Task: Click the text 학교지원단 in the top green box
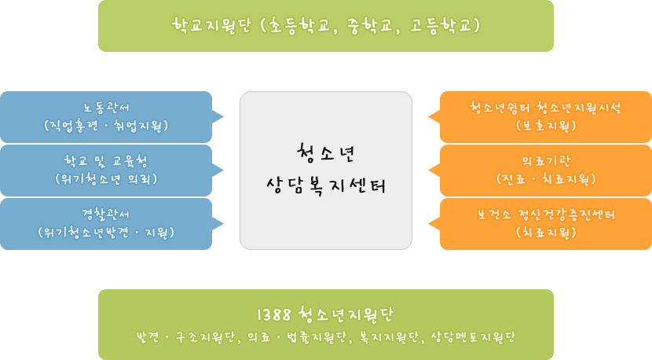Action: pyautogui.click(x=211, y=25)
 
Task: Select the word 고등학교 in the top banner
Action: pyautogui.click(x=441, y=25)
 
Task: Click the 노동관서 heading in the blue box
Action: pyautogui.click(x=106, y=108)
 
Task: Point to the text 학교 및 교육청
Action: pyautogui.click(x=106, y=161)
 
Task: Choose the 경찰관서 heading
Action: pyautogui.click(x=106, y=215)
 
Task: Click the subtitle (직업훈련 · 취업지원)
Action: pyautogui.click(x=106, y=126)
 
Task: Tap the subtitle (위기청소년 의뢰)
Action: pyautogui.click(x=106, y=179)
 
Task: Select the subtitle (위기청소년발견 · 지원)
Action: pyautogui.click(x=106, y=232)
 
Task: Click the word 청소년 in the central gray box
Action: pyautogui.click(x=325, y=153)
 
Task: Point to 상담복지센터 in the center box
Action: pyautogui.click(x=326, y=186)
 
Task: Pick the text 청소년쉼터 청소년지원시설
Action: pyautogui.click(x=545, y=108)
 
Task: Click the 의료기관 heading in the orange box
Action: pyautogui.click(x=546, y=161)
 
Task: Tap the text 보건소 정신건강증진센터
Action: pyautogui.click(x=545, y=215)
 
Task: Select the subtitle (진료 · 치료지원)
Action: pyautogui.click(x=546, y=179)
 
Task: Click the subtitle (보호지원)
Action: pyautogui.click(x=546, y=126)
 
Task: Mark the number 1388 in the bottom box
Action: pyautogui.click(x=274, y=314)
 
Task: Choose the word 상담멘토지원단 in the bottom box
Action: pyautogui.click(x=473, y=336)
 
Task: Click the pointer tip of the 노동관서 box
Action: pyautogui.click(x=224, y=117)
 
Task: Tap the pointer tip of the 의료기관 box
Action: pyautogui.click(x=429, y=171)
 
